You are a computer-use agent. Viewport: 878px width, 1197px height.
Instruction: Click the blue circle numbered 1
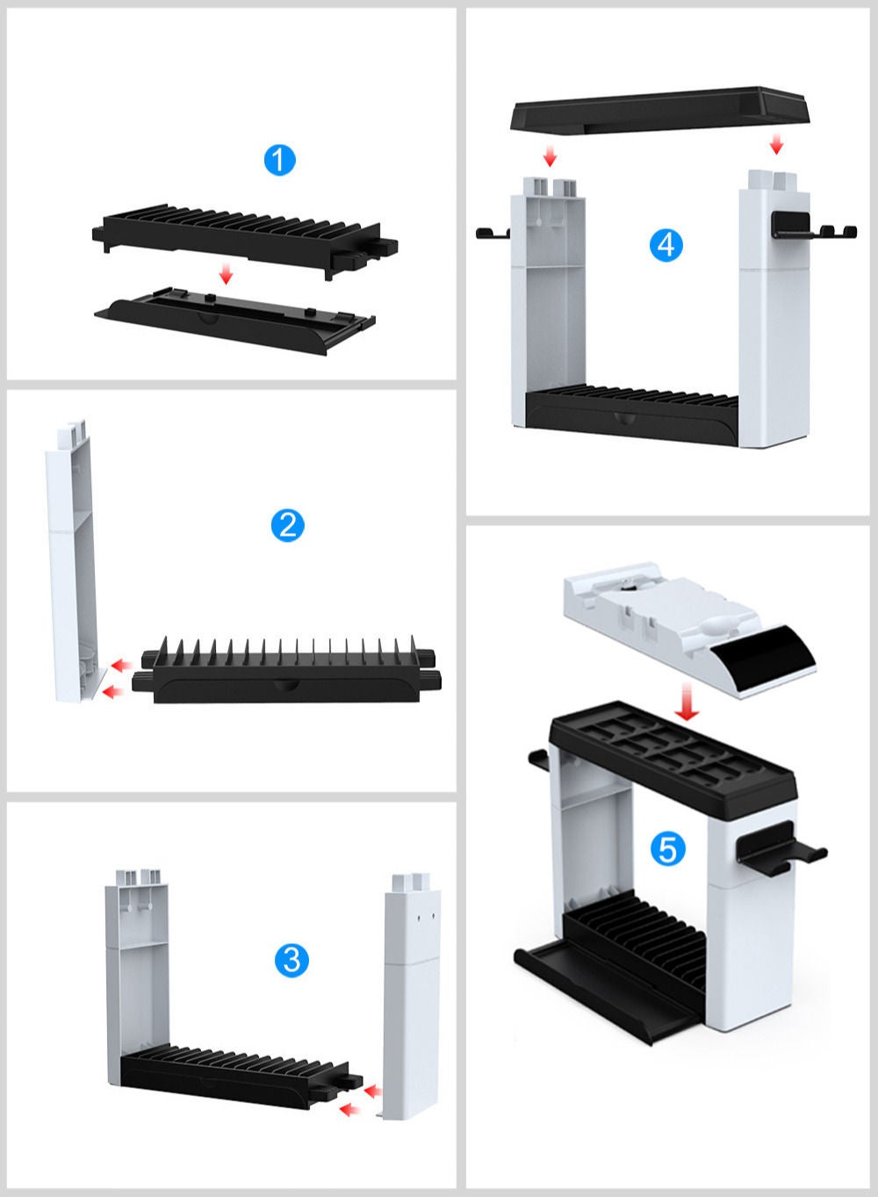click(x=279, y=161)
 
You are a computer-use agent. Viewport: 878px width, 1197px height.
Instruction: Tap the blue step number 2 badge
click(x=287, y=525)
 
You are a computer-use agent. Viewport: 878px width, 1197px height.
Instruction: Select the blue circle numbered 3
click(x=291, y=960)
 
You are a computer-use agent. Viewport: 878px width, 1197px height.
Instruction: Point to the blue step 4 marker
click(x=666, y=244)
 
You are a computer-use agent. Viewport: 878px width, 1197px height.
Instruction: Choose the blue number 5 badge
click(x=667, y=849)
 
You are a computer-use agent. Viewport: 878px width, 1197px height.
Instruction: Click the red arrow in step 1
click(x=226, y=275)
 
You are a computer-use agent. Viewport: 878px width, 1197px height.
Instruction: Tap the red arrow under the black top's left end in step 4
click(x=550, y=156)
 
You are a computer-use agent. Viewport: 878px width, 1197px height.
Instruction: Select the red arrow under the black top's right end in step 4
click(x=776, y=142)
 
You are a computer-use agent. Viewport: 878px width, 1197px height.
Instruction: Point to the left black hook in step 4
click(x=493, y=233)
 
